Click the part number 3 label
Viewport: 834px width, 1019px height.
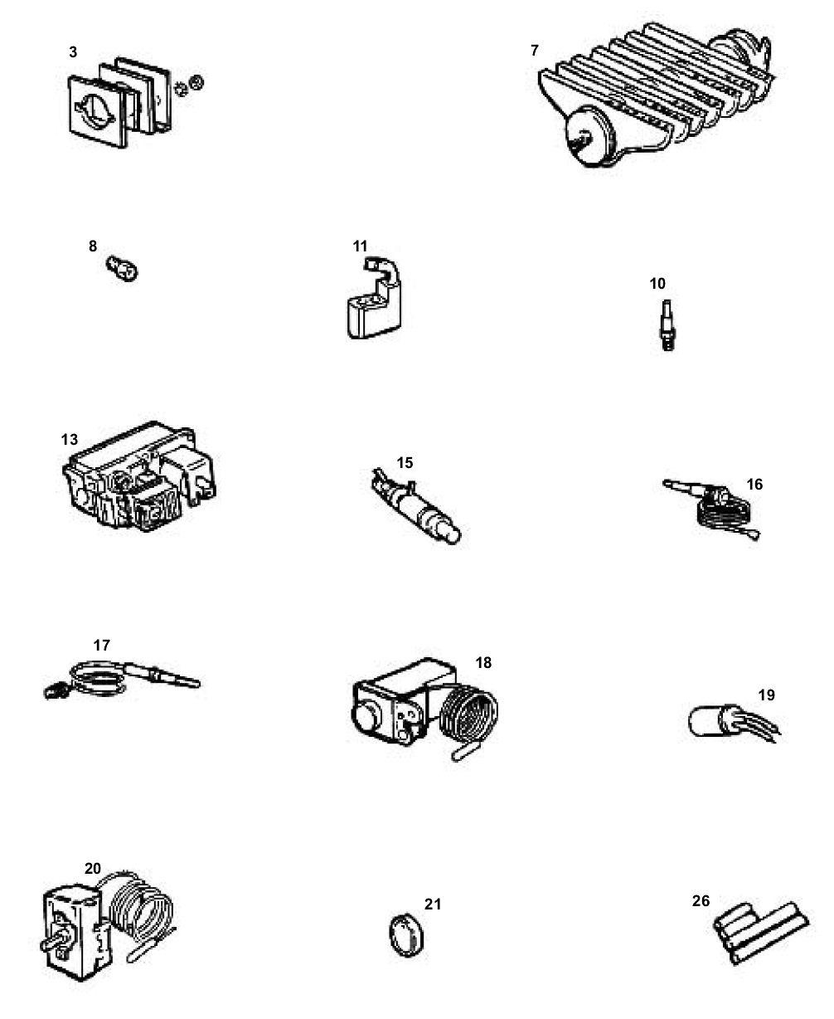pyautogui.click(x=73, y=52)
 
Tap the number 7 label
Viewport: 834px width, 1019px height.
pyautogui.click(x=534, y=51)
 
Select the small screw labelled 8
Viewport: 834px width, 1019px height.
pyautogui.click(x=122, y=268)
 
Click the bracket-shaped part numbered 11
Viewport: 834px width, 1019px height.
pyautogui.click(x=374, y=298)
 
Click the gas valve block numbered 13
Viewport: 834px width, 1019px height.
pyautogui.click(x=139, y=477)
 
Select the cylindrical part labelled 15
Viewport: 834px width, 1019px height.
pyautogui.click(x=415, y=506)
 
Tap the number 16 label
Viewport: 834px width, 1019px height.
pyautogui.click(x=754, y=484)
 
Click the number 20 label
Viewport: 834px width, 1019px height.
pyautogui.click(x=93, y=868)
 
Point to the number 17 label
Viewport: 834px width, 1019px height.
pyautogui.click(x=101, y=645)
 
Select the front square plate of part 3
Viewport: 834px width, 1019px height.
pyautogui.click(x=98, y=112)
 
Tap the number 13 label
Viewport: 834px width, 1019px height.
pyautogui.click(x=69, y=440)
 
